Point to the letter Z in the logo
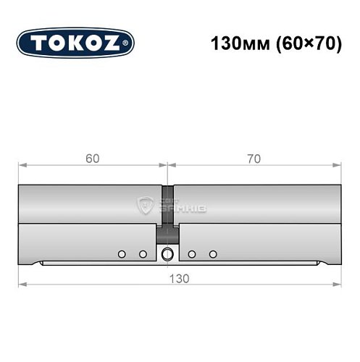tap(114, 44)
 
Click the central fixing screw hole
tap(168, 253)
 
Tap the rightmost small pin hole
tap(213, 253)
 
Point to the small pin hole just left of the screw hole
tap(143, 253)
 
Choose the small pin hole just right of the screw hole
tap(192, 253)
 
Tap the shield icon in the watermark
tap(144, 206)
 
